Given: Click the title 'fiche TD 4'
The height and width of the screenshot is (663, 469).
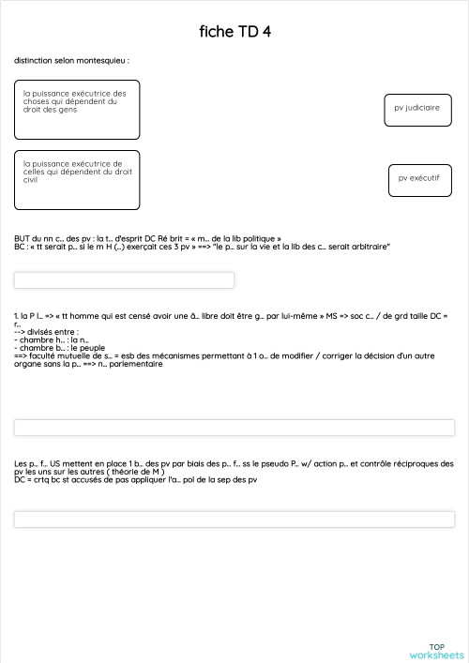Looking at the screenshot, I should point(234,31).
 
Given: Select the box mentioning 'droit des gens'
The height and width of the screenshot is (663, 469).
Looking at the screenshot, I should point(77,109).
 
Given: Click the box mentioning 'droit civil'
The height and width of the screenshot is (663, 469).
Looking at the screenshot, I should point(77,179).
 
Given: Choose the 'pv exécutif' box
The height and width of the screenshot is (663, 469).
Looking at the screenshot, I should point(419,179).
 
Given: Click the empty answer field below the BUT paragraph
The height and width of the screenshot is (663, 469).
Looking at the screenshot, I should point(124,279).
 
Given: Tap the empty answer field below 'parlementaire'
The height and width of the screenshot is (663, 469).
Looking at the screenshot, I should point(234,428).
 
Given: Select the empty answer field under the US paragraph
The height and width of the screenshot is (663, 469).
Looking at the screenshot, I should point(234,519).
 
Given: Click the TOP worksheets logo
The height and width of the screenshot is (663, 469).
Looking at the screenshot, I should point(436,651).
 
